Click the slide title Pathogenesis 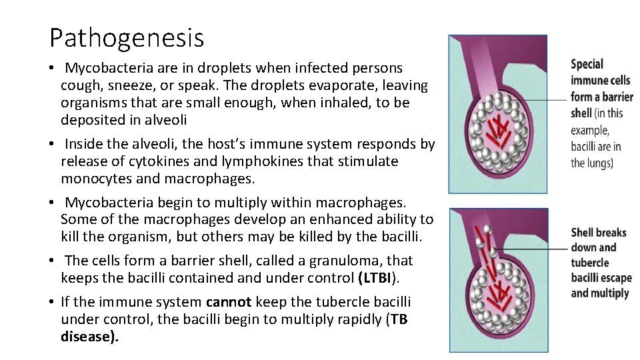126,38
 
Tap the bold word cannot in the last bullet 228,302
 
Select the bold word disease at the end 87,337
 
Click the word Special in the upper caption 587,65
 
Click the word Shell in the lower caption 583,233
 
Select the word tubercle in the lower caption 590,263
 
